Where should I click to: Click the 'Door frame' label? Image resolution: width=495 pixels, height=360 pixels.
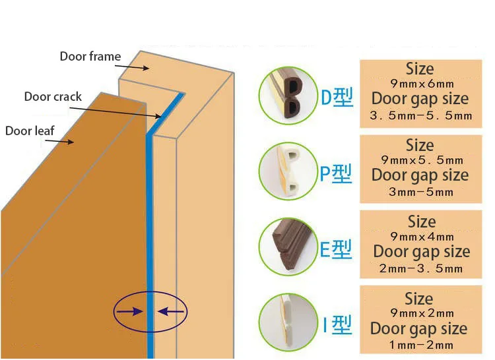[90, 57]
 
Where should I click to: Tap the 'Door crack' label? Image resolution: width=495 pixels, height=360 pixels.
[53, 97]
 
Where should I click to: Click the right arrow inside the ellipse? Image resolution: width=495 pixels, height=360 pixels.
[170, 310]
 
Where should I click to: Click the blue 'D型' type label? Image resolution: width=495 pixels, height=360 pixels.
[337, 98]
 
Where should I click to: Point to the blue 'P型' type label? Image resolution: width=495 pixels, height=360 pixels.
[337, 174]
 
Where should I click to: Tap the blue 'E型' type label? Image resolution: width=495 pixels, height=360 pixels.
[337, 249]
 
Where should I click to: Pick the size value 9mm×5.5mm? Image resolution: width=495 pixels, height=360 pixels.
[422, 160]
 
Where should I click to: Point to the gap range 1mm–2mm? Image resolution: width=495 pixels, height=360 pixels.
[420, 344]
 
